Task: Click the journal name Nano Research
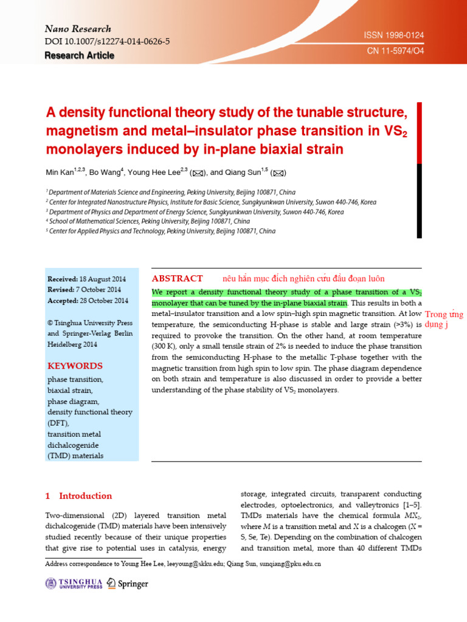78,29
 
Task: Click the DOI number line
107,41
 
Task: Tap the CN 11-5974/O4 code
395,52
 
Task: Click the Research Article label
79,55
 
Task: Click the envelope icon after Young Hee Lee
197,173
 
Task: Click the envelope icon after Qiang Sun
278,173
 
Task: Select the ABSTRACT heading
177,278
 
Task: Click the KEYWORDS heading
75,366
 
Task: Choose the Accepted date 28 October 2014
88,301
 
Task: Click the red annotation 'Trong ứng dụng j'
443,320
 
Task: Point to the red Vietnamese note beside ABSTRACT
303,279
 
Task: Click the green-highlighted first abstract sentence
249,297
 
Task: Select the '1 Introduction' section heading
79,496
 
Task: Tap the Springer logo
127,584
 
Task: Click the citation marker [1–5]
409,505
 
